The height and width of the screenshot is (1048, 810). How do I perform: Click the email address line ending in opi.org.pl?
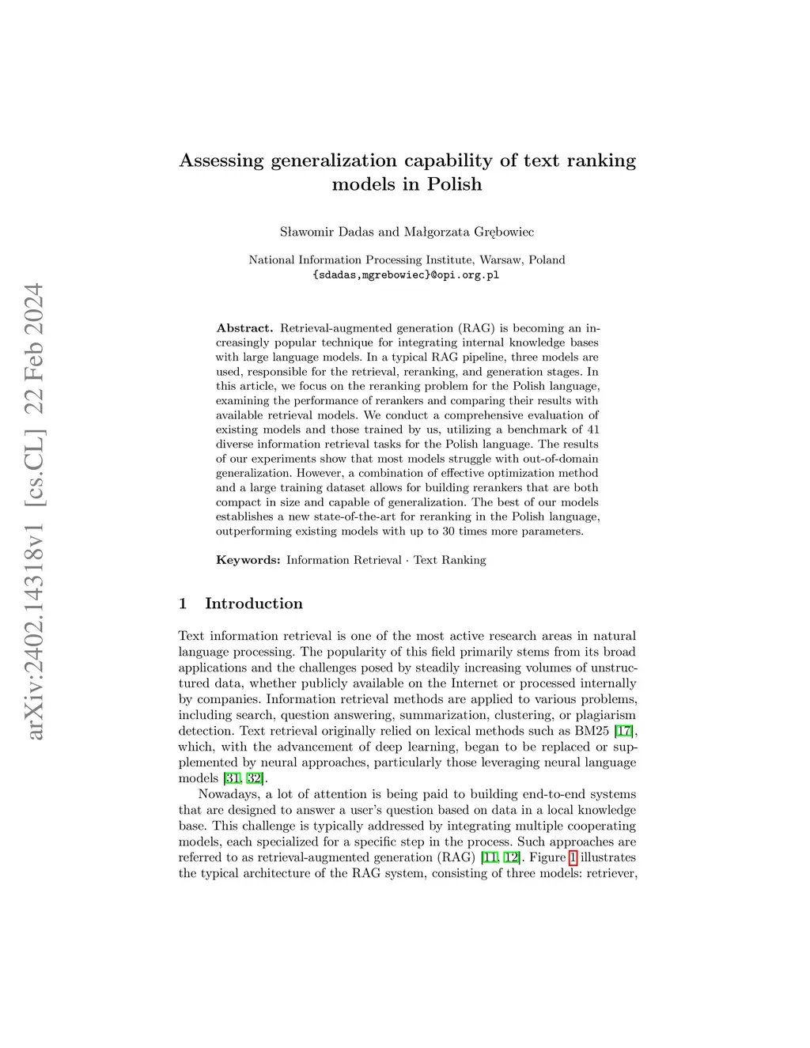click(407, 275)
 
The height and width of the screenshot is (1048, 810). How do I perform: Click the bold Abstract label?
click(244, 327)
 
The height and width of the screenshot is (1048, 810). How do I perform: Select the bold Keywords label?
click(248, 560)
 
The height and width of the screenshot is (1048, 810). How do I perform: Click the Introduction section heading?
click(253, 603)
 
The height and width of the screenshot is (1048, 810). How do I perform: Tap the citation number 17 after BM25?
click(624, 731)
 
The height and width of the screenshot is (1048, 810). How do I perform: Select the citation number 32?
click(254, 778)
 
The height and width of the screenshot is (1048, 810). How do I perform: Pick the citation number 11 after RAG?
click(489, 857)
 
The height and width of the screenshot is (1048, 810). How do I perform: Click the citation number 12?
click(511, 857)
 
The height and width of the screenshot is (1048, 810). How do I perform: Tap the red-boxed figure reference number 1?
click(573, 857)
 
